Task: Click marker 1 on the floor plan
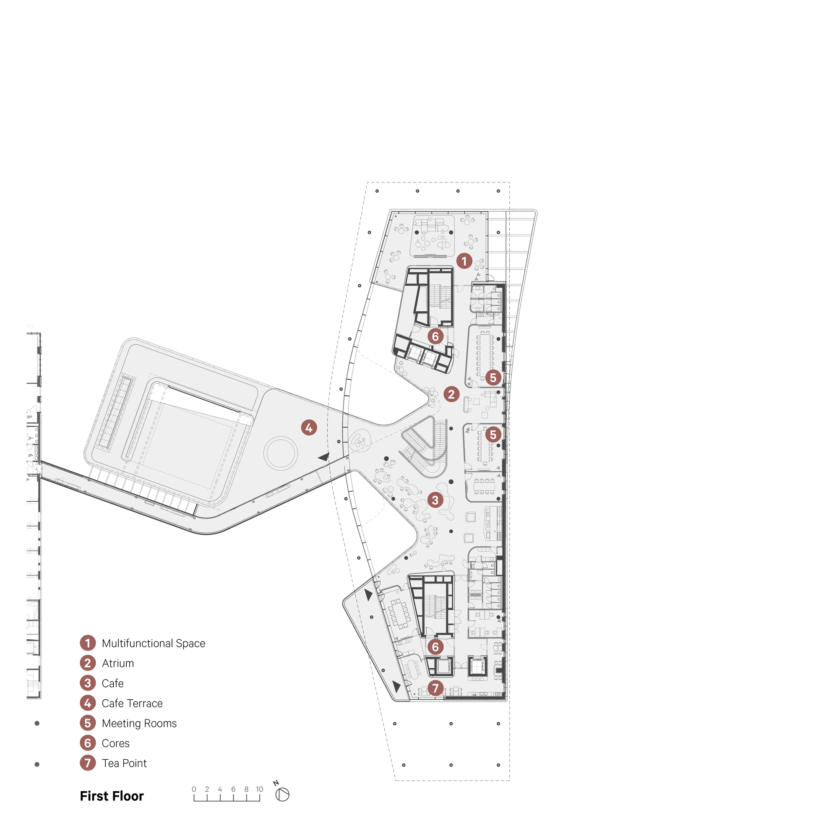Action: (464, 261)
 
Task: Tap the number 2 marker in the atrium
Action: (451, 394)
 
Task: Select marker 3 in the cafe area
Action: (435, 500)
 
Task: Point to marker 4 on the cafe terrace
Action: (309, 428)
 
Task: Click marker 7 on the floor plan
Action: (435, 688)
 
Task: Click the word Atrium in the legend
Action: (118, 663)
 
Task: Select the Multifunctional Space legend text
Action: (153, 643)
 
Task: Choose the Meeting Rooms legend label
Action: (139, 723)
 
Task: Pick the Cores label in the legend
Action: (115, 743)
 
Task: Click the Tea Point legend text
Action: (124, 763)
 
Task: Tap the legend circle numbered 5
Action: (88, 723)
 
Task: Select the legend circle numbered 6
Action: (88, 743)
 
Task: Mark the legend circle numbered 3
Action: (88, 683)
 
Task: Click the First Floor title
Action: (112, 796)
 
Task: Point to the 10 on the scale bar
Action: (259, 789)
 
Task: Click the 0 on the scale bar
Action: (194, 789)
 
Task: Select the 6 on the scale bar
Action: (233, 789)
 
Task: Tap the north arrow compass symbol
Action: (282, 795)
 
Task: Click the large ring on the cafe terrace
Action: (281, 453)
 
